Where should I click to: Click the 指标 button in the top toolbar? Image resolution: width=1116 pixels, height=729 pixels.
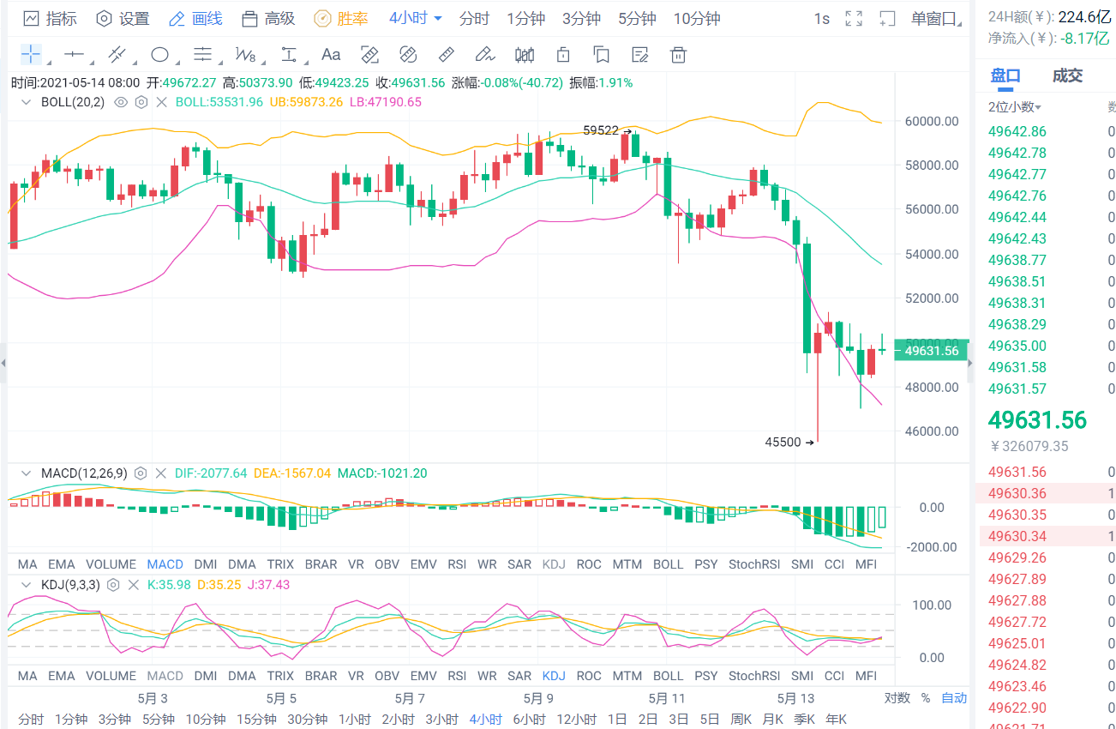pos(50,19)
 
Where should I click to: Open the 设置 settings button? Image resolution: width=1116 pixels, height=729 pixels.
pos(123,19)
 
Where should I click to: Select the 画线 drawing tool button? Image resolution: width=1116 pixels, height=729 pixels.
pos(196,19)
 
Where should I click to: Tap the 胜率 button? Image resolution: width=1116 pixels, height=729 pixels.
pos(342,19)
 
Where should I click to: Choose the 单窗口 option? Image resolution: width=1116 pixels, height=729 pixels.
pos(933,19)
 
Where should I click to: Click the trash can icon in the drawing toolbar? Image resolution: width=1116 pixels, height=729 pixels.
pos(678,56)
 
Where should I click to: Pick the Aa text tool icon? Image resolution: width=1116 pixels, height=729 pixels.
pos(331,56)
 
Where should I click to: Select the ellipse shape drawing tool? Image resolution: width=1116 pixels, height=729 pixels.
pos(159,56)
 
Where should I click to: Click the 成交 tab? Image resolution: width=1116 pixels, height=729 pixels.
pos(1067,75)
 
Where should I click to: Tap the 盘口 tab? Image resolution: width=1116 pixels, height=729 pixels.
pos(1005,75)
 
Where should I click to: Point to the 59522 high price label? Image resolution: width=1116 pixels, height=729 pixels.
pos(601,131)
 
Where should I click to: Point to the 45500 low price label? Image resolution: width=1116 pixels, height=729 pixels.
pos(783,443)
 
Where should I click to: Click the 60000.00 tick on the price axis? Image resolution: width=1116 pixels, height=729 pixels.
pos(932,121)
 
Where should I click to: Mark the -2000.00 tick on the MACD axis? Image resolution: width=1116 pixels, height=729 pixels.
pos(931,547)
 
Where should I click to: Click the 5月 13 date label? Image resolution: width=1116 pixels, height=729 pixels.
pos(795,698)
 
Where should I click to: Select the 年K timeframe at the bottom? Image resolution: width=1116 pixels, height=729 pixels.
pos(835,720)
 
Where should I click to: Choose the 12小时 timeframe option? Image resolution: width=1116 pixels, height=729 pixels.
pos(576,720)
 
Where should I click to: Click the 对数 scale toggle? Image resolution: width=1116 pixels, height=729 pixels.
pos(897,698)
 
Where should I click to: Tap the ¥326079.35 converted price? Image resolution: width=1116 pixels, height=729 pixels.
pos(1029,446)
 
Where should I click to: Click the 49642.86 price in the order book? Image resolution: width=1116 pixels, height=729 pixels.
pos(1017,131)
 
